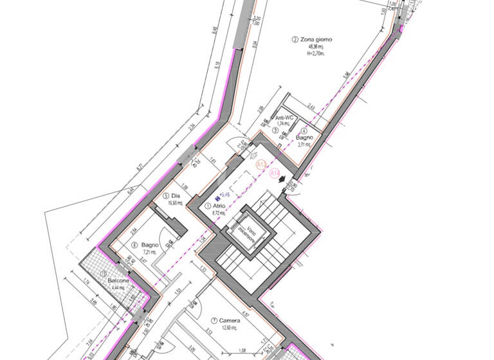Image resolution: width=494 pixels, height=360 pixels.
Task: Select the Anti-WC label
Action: (284, 118)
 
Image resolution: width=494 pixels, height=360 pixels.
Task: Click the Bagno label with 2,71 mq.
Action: (304, 138)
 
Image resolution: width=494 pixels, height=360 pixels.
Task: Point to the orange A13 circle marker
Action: (261, 165)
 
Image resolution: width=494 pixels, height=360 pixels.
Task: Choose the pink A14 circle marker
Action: (275, 174)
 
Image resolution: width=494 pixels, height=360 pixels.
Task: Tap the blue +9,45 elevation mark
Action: (224, 194)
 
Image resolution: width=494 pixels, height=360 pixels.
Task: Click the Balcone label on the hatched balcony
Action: (118, 282)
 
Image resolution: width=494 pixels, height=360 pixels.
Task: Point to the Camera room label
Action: (229, 319)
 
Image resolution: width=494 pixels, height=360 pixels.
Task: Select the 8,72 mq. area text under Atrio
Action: (221, 212)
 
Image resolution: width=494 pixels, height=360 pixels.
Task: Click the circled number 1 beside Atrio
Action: (207, 206)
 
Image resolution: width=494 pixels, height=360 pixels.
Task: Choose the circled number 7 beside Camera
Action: (214, 320)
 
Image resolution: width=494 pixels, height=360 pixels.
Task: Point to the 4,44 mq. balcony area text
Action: (117, 289)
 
